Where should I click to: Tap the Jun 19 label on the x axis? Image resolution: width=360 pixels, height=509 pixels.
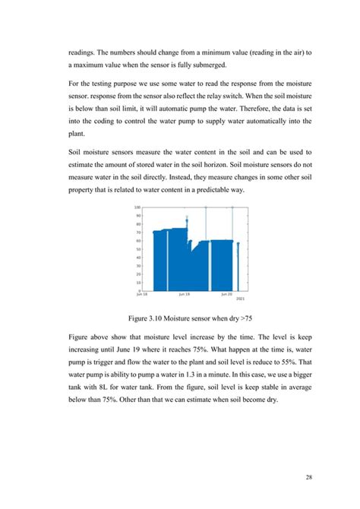[184, 292]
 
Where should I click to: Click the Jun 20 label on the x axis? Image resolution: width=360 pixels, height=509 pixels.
[226, 292]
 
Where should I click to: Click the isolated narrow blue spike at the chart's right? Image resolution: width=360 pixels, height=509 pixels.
[238, 266]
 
